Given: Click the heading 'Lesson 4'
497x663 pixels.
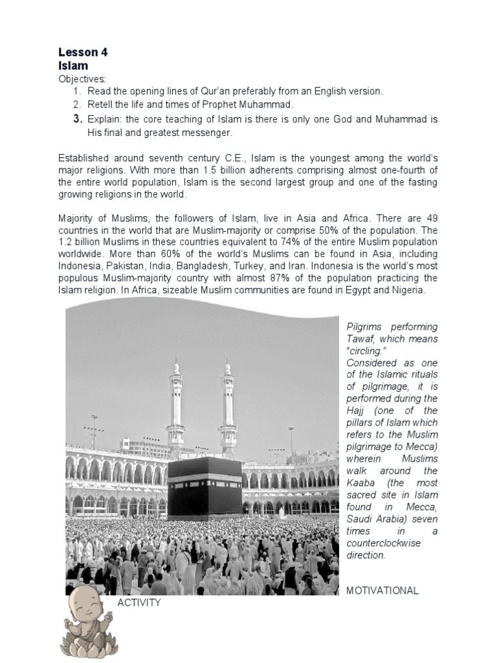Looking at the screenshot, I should [x=83, y=53].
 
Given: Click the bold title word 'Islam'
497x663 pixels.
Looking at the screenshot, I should [x=72, y=66].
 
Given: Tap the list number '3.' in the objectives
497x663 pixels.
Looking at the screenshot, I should [x=78, y=119].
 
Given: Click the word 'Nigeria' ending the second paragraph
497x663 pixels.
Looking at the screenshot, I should [x=407, y=290].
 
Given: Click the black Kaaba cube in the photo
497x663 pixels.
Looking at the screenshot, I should [x=204, y=489].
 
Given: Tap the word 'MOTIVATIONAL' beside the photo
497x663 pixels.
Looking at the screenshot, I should [x=382, y=590].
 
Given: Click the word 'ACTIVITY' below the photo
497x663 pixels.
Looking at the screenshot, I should [x=138, y=603].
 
